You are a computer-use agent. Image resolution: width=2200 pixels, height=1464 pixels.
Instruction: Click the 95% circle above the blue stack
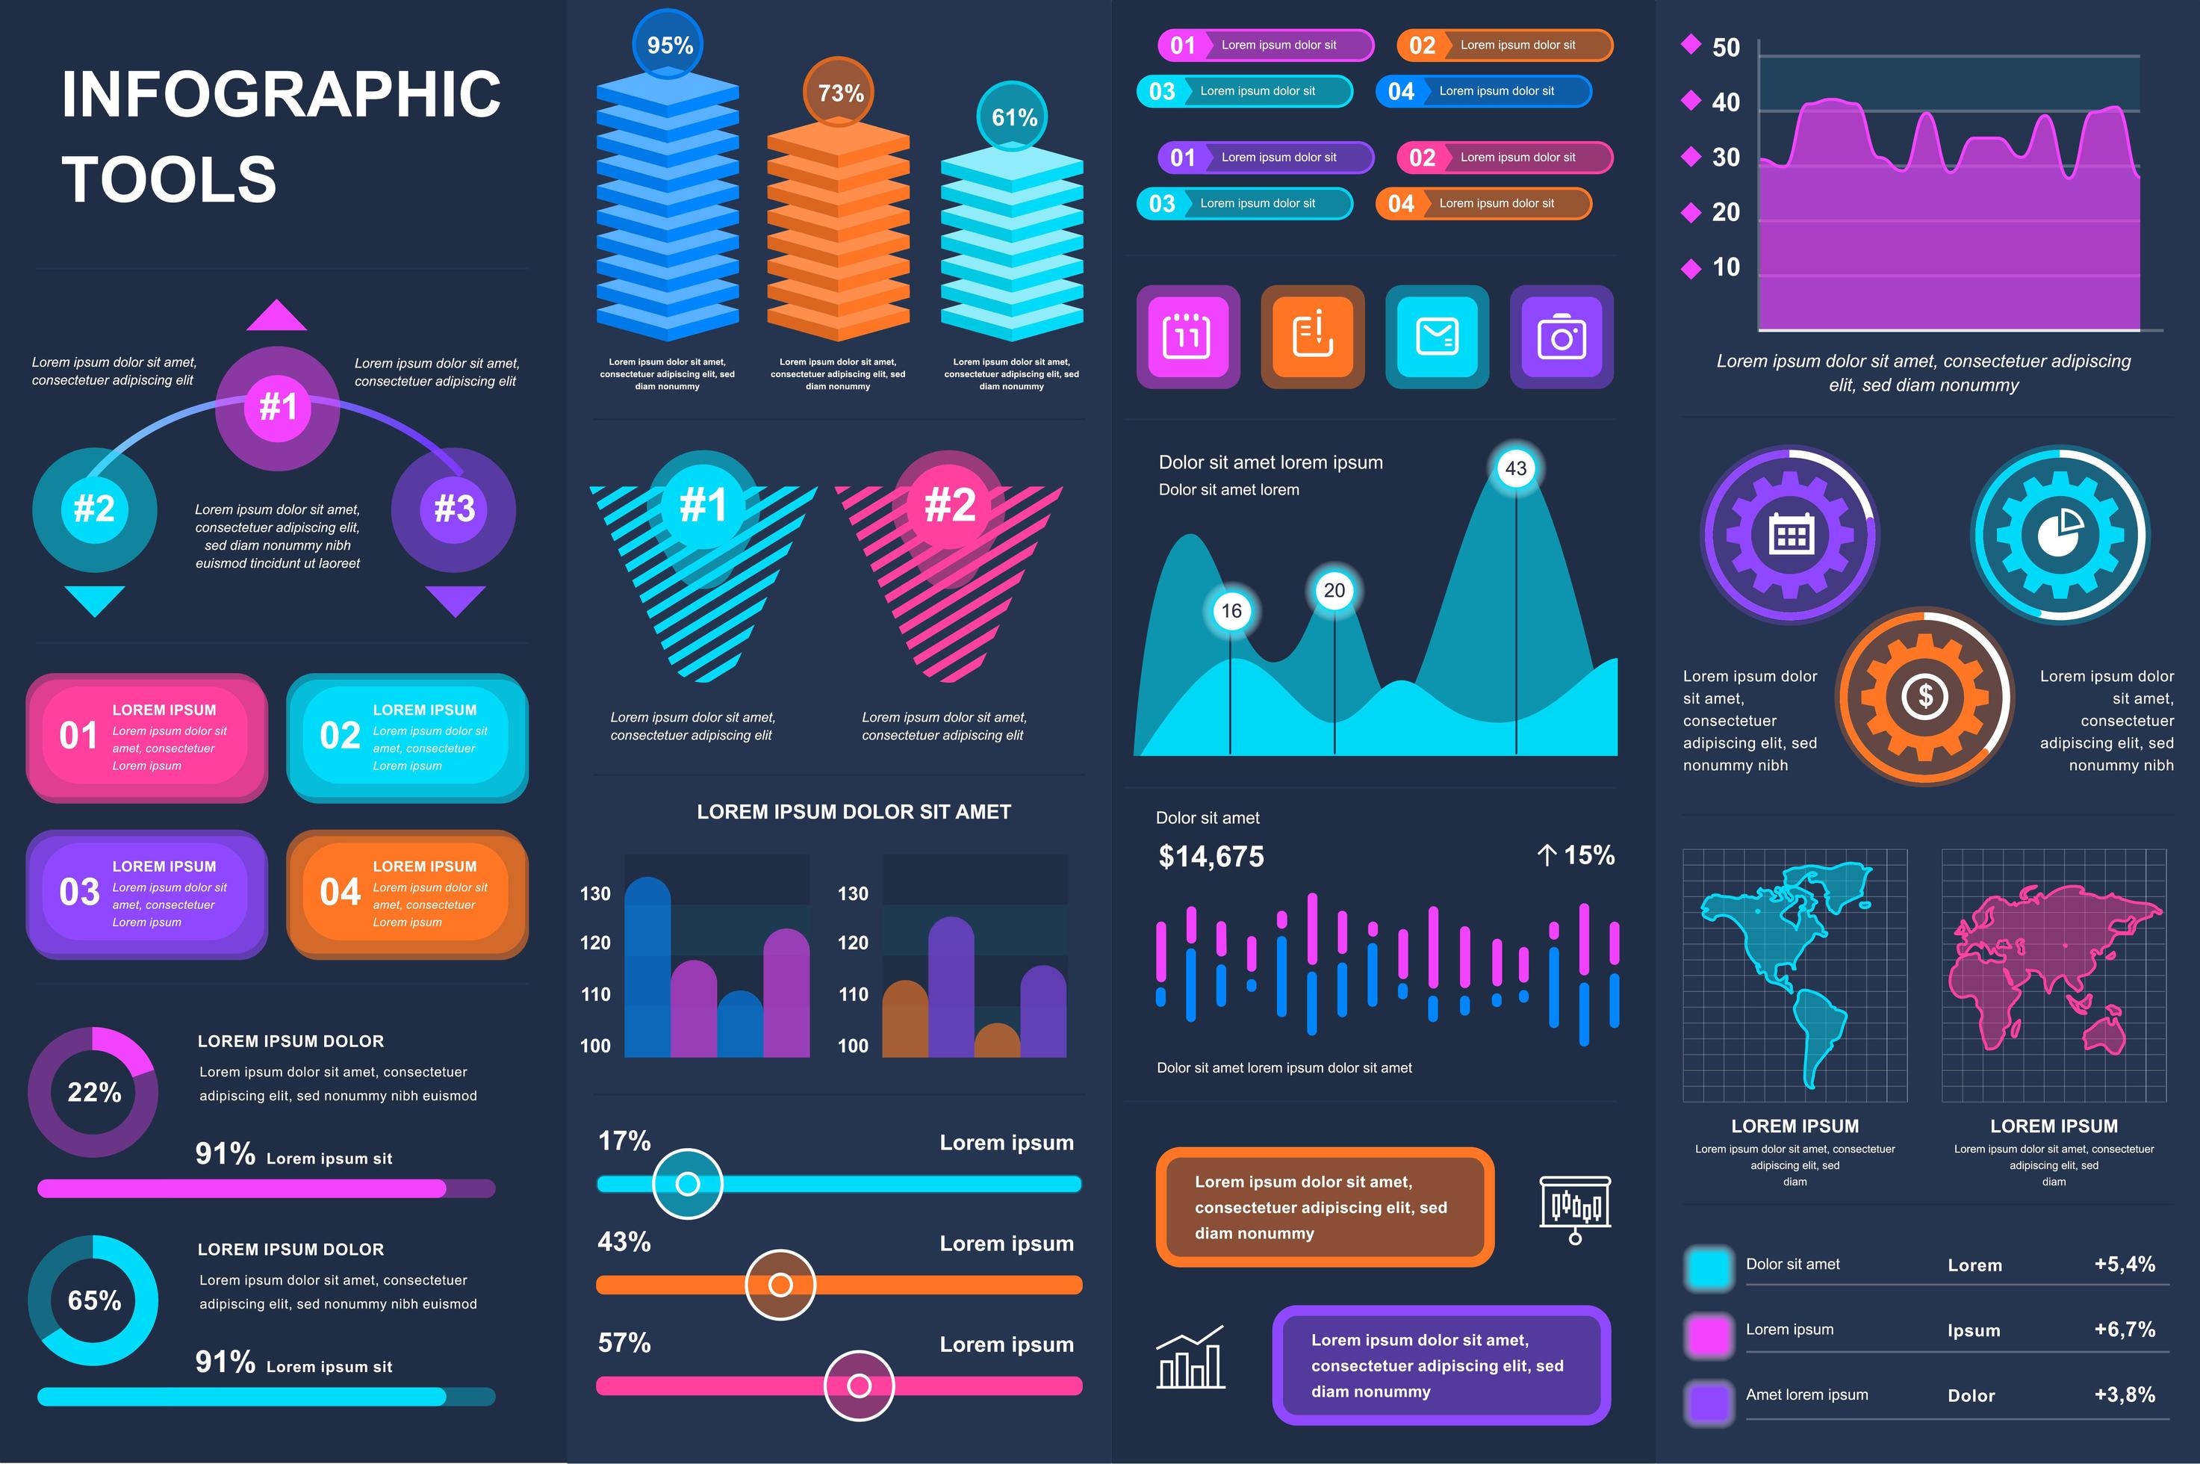(x=669, y=45)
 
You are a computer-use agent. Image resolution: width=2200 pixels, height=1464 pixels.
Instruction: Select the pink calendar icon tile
(x=1187, y=336)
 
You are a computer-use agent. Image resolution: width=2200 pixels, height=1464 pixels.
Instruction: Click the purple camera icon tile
(x=1562, y=336)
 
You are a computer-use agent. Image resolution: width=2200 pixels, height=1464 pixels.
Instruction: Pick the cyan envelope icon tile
(x=1437, y=336)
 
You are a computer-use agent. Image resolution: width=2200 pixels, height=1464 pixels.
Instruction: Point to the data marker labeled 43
(x=1516, y=468)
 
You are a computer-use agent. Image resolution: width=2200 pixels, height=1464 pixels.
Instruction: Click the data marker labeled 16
(x=1231, y=611)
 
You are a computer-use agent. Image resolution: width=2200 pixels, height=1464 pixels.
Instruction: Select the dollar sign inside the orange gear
(x=1924, y=695)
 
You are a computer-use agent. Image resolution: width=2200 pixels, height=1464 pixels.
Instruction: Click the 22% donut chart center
(x=93, y=1091)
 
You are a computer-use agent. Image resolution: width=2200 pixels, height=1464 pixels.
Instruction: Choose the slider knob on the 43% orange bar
(x=780, y=1285)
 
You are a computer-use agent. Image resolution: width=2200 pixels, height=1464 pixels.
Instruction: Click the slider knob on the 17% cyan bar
(x=688, y=1184)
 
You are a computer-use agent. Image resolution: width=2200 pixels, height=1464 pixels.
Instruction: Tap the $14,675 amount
(x=1211, y=856)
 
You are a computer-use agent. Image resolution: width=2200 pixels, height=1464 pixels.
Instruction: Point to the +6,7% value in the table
(x=2125, y=1330)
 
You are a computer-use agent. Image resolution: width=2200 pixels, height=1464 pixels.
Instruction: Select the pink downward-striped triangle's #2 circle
(x=949, y=505)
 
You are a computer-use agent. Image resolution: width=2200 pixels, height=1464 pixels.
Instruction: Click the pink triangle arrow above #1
(x=276, y=317)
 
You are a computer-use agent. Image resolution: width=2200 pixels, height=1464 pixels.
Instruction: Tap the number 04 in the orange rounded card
(x=340, y=893)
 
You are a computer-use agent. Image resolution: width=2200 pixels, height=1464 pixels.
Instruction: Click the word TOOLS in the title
(x=169, y=179)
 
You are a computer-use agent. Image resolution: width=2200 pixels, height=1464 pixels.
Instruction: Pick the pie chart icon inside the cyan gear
(x=2059, y=533)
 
